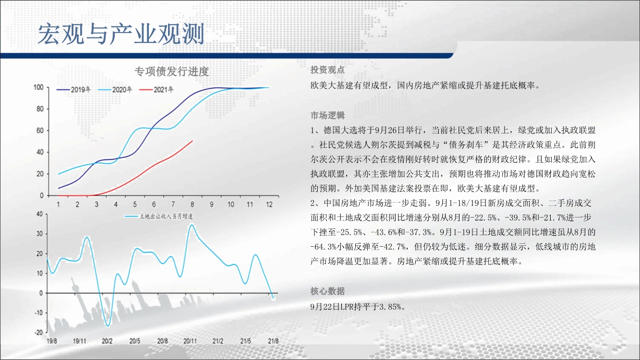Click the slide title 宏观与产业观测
point(121,34)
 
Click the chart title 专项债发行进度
point(172,72)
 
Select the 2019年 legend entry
point(74,90)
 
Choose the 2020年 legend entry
point(115,90)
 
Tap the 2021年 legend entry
point(157,90)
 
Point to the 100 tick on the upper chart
point(38,87)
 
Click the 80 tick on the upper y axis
point(40,109)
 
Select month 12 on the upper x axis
point(269,204)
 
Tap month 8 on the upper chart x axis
point(192,204)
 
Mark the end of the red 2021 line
point(193,141)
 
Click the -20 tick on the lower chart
point(38,333)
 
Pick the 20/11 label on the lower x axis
point(190,341)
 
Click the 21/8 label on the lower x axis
point(273,341)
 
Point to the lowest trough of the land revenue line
point(108,326)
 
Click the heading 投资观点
point(327,70)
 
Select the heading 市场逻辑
point(327,115)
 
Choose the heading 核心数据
point(327,291)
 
